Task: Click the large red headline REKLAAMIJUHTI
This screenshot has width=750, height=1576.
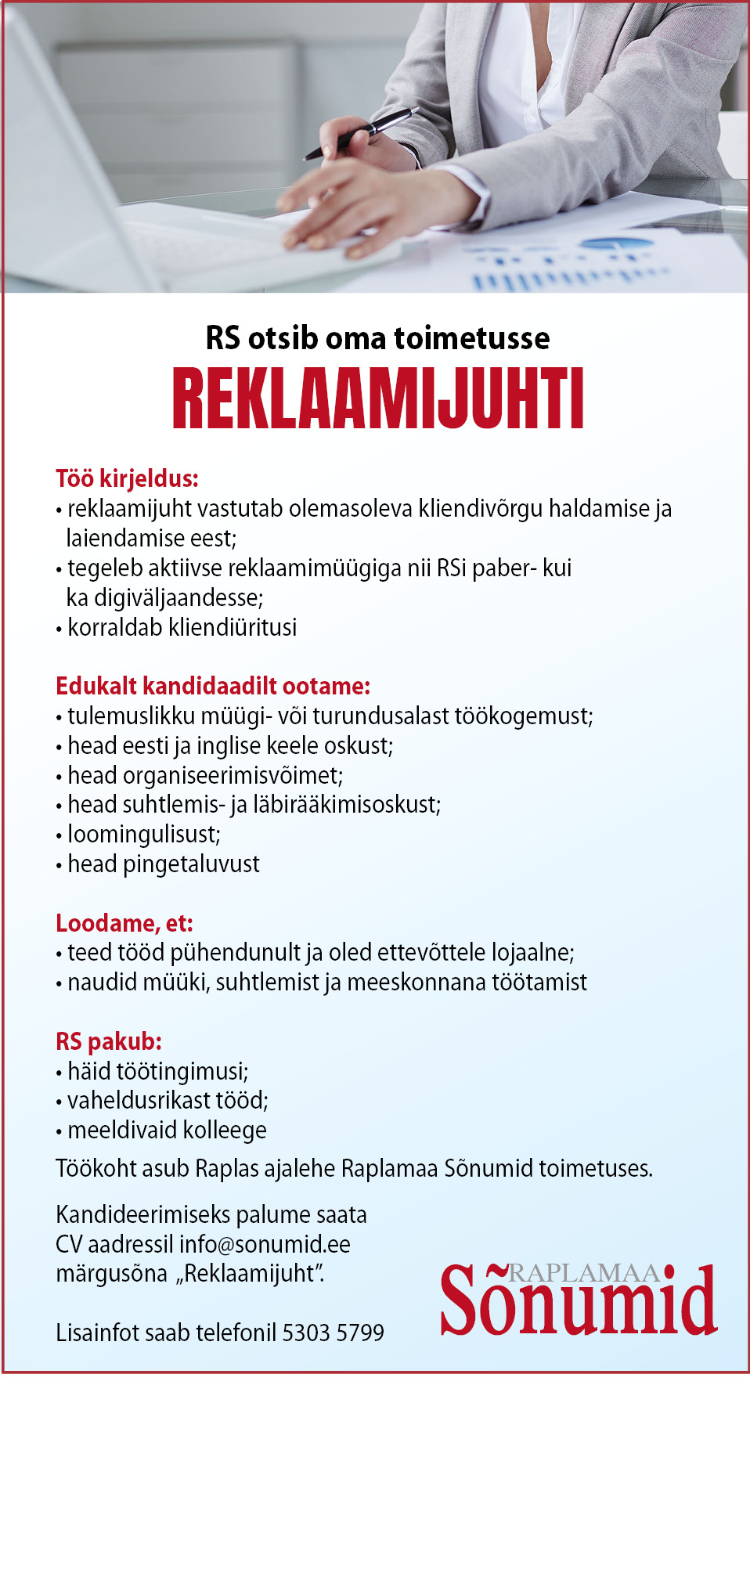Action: click(x=378, y=399)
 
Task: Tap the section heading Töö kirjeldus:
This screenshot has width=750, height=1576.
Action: click(x=127, y=478)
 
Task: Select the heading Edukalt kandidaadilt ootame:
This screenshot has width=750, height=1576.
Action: click(x=212, y=686)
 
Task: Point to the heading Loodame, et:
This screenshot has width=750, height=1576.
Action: click(x=124, y=923)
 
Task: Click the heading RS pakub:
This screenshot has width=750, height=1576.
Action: click(x=108, y=1041)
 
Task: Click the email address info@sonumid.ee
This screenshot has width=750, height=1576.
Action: click(x=265, y=1244)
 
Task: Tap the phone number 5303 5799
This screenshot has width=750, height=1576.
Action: click(x=333, y=1333)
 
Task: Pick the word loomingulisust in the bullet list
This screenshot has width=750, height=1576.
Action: click(x=143, y=835)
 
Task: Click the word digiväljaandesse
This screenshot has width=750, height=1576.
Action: click(x=178, y=598)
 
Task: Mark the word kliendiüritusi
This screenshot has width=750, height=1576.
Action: click(x=233, y=628)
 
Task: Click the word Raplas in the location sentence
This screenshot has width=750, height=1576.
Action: click(x=226, y=1169)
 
